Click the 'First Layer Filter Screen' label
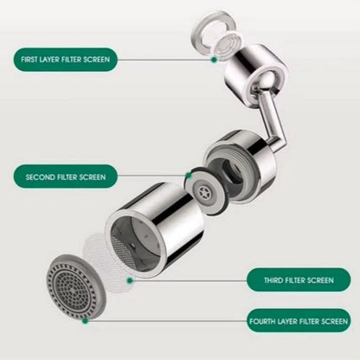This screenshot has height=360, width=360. pyautogui.click(x=66, y=60)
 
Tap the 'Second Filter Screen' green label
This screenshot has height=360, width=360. pyautogui.click(x=66, y=177)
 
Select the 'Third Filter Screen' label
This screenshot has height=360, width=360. pyautogui.click(x=299, y=280)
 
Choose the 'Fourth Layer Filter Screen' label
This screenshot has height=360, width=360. pyautogui.click(x=299, y=321)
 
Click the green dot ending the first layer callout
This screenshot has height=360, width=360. pyautogui.click(x=214, y=60)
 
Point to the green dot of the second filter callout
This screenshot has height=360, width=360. pyautogui.click(x=188, y=175)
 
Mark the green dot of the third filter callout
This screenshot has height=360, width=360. pyautogui.click(x=130, y=280)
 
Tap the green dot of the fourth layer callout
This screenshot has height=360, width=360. pyautogui.click(x=85, y=320)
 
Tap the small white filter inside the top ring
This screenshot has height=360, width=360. pyautogui.click(x=227, y=44)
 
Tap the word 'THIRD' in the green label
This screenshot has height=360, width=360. pyautogui.click(x=273, y=280)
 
